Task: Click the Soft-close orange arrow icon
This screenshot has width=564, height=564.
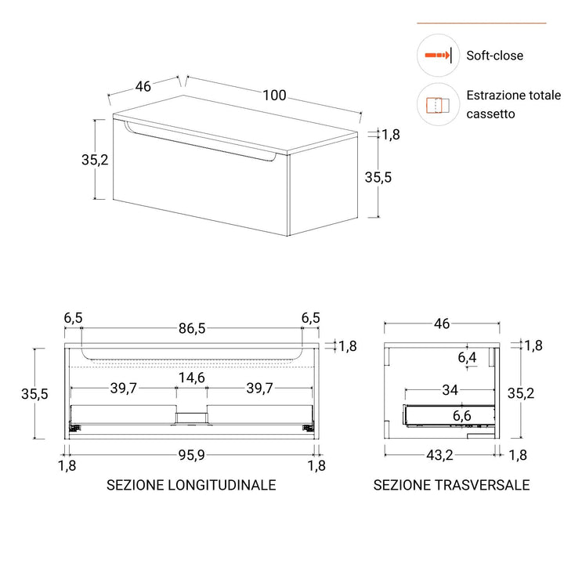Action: point(438,56)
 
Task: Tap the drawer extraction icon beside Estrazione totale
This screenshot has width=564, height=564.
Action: point(438,105)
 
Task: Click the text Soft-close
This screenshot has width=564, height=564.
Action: point(494,56)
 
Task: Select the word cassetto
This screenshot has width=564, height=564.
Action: point(490,114)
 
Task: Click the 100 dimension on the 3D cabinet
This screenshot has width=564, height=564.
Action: point(274,96)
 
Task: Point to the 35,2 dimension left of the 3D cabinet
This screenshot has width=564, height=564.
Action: point(95,159)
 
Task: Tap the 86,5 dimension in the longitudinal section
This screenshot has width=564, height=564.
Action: point(192,328)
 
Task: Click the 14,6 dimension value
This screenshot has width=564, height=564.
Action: point(192,378)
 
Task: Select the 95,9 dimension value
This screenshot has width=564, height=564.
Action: point(192,455)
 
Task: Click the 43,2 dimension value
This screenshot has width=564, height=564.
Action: point(439,455)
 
